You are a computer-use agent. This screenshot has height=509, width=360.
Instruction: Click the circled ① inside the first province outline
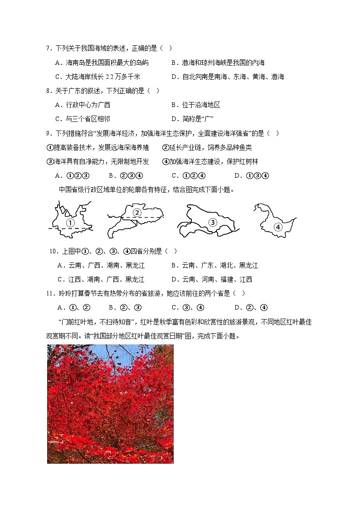point(70,223)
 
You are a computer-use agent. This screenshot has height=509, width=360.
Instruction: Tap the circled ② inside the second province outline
point(136,213)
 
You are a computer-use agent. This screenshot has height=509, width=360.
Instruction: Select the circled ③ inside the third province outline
point(212,222)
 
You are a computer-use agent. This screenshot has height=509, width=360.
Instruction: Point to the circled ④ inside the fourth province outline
point(278,227)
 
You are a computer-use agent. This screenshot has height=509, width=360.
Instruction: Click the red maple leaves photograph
point(110,403)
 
